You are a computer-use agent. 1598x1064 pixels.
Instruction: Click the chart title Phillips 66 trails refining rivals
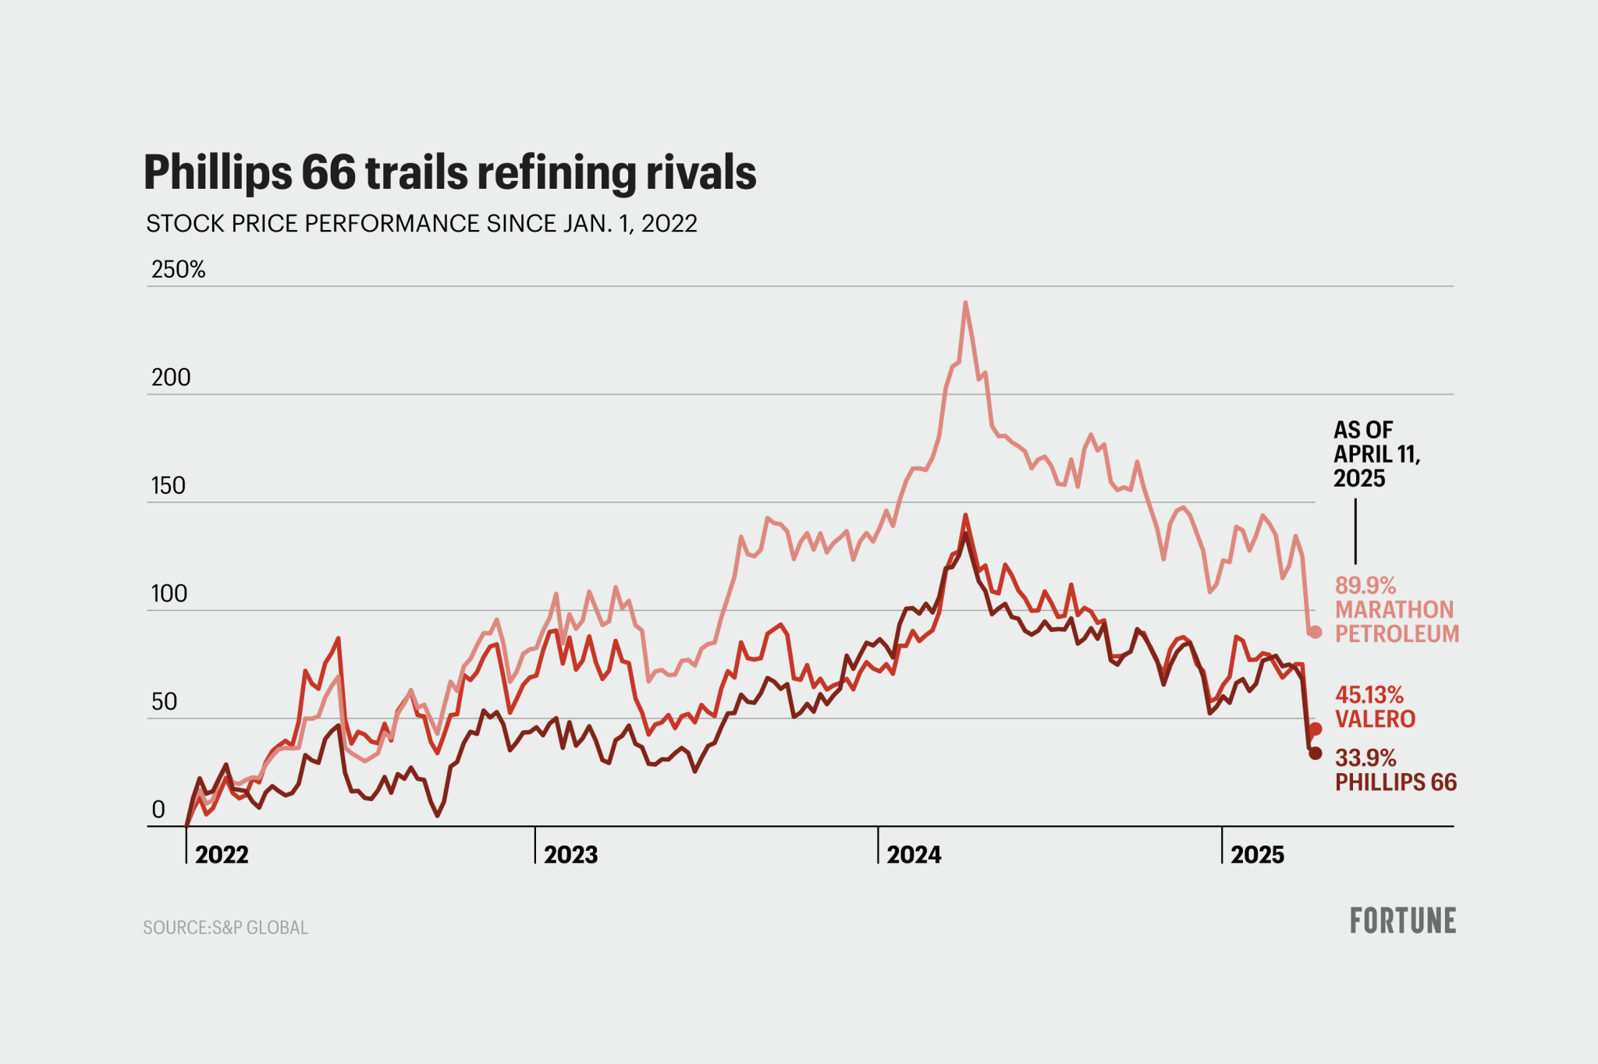[x=449, y=172]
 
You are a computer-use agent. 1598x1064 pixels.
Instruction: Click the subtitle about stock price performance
[x=421, y=224]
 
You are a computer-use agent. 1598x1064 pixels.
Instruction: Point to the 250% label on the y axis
[x=178, y=270]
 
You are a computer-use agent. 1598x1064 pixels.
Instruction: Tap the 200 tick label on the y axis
[x=171, y=378]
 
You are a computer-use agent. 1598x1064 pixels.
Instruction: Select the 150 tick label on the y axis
[x=169, y=486]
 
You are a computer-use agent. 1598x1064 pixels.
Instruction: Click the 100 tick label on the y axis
[x=169, y=594]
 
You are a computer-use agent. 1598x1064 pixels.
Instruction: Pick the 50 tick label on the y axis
[x=164, y=702]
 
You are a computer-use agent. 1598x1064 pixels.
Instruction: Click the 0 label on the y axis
[x=158, y=810]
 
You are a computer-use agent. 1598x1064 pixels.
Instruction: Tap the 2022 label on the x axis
[x=222, y=855]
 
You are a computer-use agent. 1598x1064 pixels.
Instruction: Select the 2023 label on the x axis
[x=570, y=855]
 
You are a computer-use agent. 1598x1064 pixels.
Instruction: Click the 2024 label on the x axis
[x=914, y=855]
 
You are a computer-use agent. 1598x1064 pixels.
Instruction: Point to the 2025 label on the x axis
[x=1257, y=855]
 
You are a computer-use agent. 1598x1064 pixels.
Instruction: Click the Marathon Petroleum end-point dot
[x=1316, y=632]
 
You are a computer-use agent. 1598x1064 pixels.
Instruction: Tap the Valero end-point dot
[x=1316, y=729]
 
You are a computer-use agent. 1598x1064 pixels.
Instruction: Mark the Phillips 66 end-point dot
[x=1316, y=753]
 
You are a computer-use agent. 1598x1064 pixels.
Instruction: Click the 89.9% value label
[x=1365, y=585]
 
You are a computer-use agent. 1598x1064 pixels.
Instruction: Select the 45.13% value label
[x=1369, y=694]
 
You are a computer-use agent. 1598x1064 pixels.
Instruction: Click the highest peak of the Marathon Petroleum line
[x=965, y=303]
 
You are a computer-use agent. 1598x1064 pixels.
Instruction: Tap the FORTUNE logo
[x=1402, y=920]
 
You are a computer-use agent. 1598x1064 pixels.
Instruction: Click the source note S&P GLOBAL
[x=225, y=927]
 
